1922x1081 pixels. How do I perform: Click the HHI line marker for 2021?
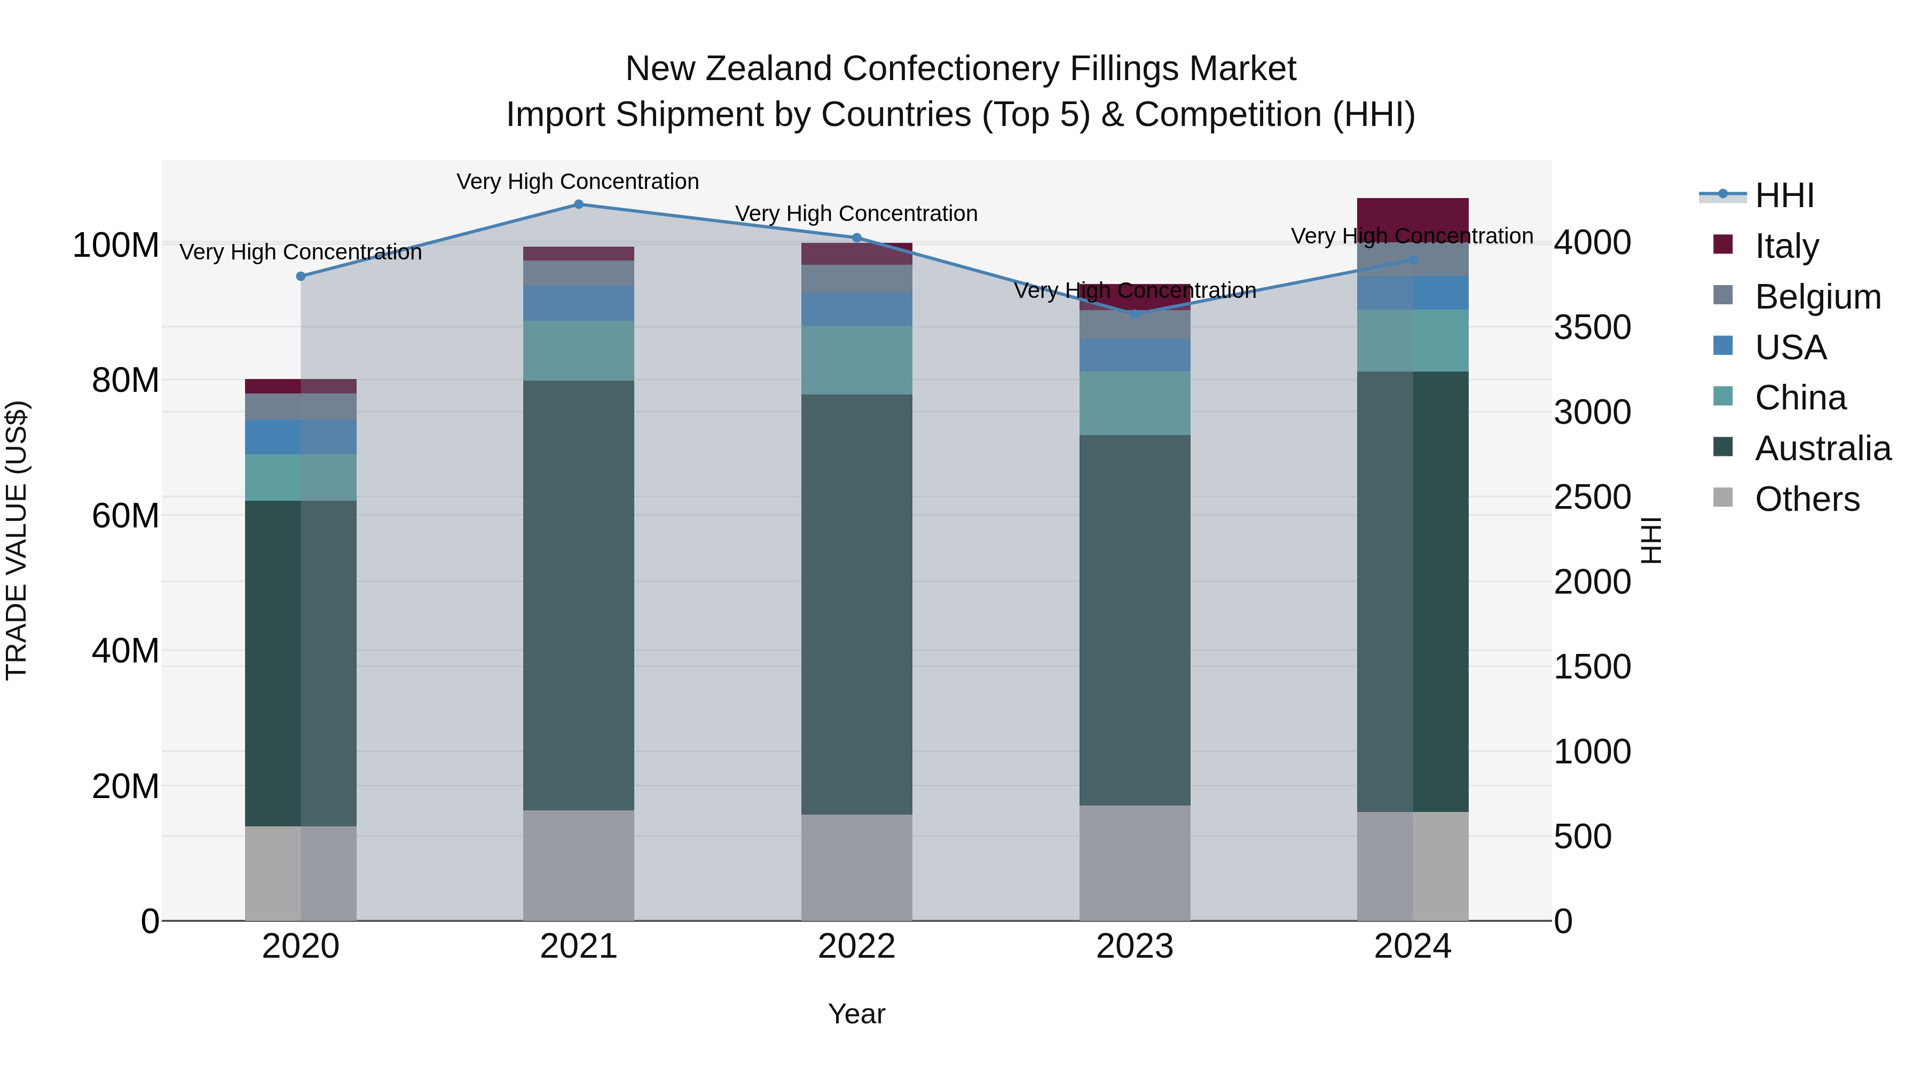(x=578, y=204)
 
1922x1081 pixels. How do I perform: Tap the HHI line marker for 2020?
(x=301, y=276)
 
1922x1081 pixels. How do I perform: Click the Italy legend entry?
(x=1786, y=246)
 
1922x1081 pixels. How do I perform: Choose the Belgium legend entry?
(x=1817, y=297)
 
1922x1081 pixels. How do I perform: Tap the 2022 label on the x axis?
(x=856, y=946)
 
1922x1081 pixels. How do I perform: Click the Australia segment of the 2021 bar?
(x=578, y=595)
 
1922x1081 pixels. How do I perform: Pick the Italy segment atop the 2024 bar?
(x=1412, y=219)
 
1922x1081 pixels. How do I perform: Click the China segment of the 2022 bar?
(x=856, y=360)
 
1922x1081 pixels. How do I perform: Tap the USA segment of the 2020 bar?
(x=301, y=437)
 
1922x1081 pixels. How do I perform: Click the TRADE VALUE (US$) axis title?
(x=17, y=540)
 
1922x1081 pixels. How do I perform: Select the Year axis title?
(x=856, y=1014)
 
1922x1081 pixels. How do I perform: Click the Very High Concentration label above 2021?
(x=578, y=182)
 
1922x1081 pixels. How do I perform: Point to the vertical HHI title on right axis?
(x=1651, y=540)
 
